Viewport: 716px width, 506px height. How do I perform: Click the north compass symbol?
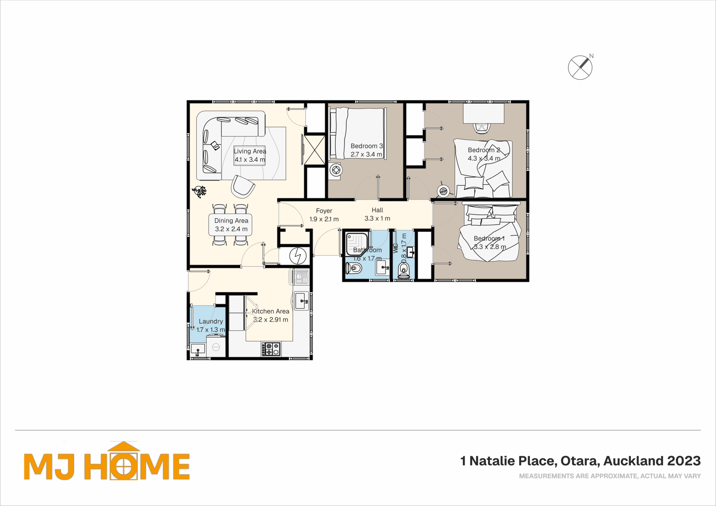point(580,67)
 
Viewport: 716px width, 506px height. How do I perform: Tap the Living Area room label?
point(250,155)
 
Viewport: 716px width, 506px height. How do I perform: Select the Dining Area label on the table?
point(231,225)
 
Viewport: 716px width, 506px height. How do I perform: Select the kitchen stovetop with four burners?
point(271,349)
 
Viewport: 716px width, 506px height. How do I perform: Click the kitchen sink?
point(302,301)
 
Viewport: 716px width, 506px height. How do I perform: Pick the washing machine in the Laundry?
point(216,346)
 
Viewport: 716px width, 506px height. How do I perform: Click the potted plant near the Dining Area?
point(199,191)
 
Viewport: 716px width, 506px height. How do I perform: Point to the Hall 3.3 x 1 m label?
point(377,214)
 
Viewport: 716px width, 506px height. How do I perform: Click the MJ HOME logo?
point(107,461)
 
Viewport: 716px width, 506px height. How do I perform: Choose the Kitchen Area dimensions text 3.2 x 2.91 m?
point(270,320)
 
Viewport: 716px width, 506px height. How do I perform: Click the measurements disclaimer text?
point(610,476)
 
